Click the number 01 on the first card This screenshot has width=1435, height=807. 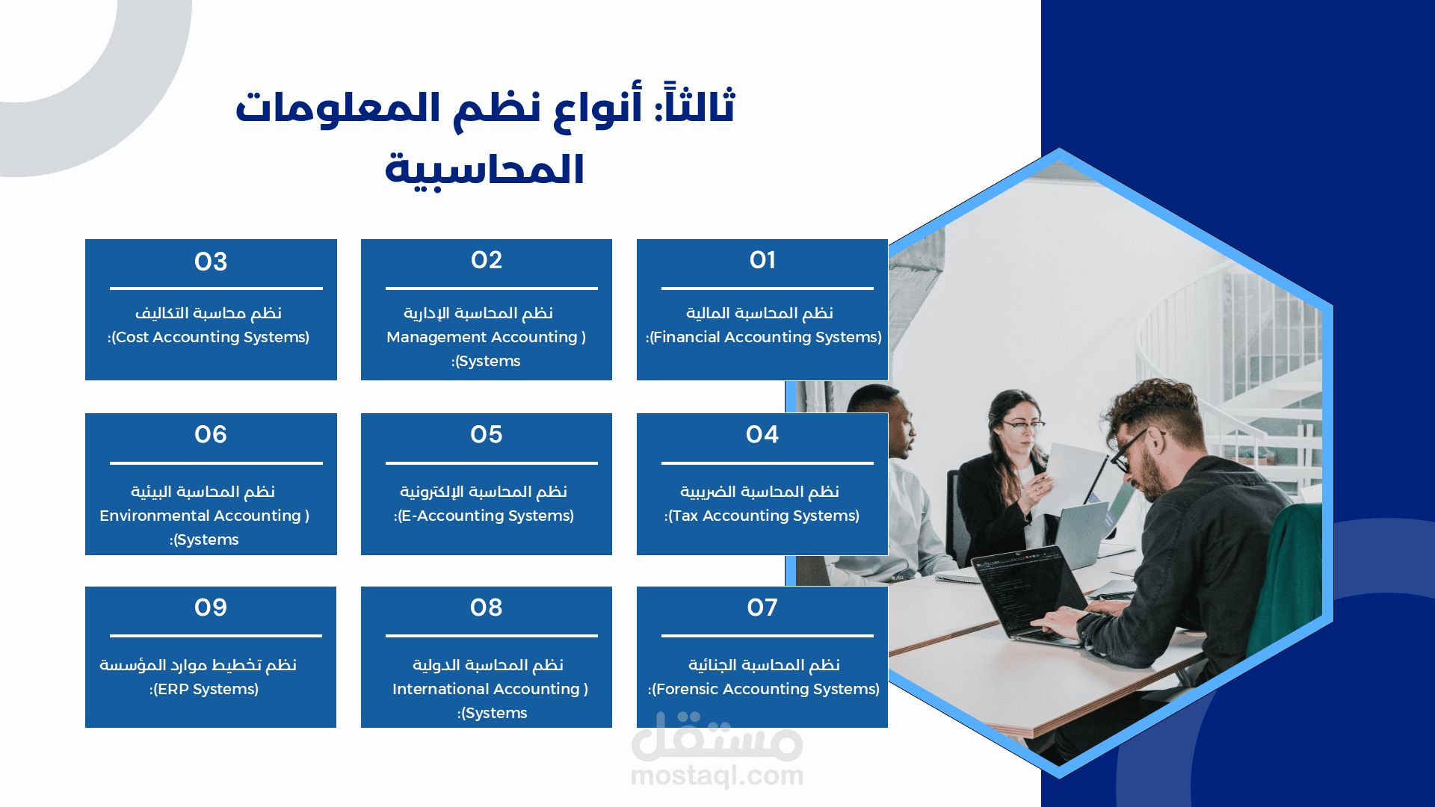[x=762, y=260]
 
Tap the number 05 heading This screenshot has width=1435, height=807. [x=487, y=434]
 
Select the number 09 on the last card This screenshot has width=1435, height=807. [x=211, y=607]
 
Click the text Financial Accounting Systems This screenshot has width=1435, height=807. [x=765, y=337]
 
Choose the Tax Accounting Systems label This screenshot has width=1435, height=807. [x=763, y=516]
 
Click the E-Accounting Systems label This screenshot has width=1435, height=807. [x=486, y=516]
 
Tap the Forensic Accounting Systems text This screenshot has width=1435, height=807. [x=765, y=689]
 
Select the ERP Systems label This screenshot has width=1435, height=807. [x=206, y=689]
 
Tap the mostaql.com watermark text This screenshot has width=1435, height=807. [x=717, y=776]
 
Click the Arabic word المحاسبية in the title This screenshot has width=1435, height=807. [x=484, y=170]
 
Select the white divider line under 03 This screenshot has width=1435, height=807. [x=216, y=288]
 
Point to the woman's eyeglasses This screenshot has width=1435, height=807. [x=1024, y=426]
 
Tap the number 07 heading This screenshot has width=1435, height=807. [x=762, y=607]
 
